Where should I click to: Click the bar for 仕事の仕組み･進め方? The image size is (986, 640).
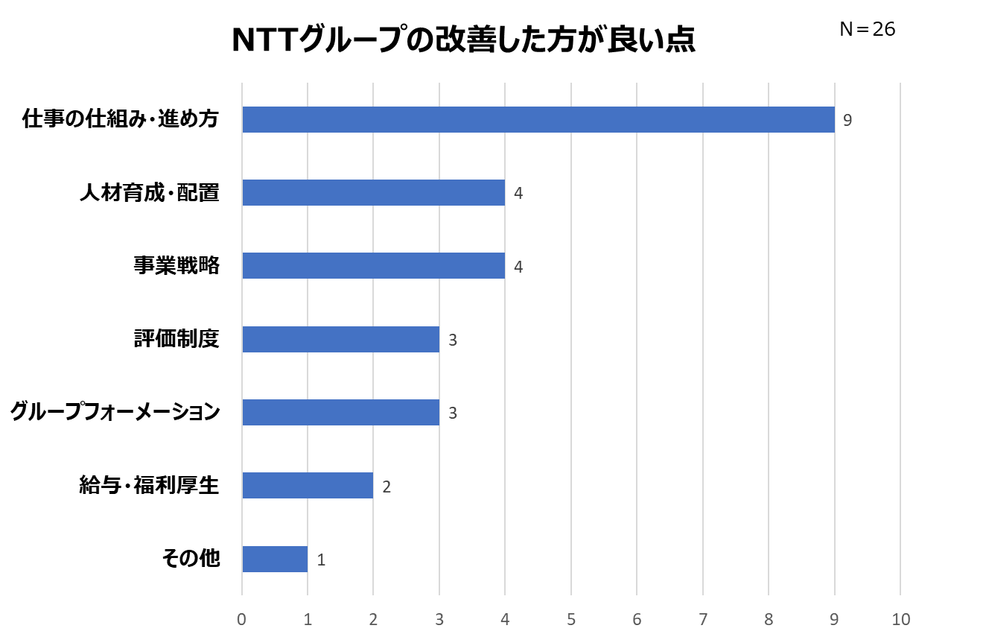pyautogui.click(x=538, y=119)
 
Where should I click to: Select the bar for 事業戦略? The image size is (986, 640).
pyautogui.click(x=373, y=266)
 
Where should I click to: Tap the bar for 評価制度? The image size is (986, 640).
pyautogui.click(x=340, y=340)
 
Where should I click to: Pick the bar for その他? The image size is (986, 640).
pyautogui.click(x=275, y=559)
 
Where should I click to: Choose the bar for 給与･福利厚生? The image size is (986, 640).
pyautogui.click(x=308, y=486)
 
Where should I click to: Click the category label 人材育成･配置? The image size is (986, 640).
pyautogui.click(x=150, y=193)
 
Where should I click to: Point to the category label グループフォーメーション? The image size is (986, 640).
pyautogui.click(x=115, y=412)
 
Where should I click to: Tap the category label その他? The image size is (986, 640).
pyautogui.click(x=191, y=558)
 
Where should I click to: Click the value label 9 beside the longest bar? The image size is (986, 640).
pyautogui.click(x=847, y=120)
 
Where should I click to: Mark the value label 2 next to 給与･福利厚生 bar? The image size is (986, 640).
pyautogui.click(x=387, y=487)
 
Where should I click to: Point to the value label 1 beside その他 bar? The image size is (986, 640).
pyautogui.click(x=321, y=560)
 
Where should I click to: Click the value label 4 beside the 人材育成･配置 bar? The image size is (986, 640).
pyautogui.click(x=518, y=194)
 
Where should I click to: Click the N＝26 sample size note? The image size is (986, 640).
pyautogui.click(x=867, y=29)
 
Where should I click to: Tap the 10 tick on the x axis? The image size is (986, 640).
pyautogui.click(x=901, y=619)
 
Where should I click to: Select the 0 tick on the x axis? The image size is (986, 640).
pyautogui.click(x=242, y=619)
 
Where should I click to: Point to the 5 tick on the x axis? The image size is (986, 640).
pyautogui.click(x=571, y=619)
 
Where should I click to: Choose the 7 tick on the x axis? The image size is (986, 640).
pyautogui.click(x=703, y=619)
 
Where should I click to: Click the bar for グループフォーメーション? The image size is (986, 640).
pyautogui.click(x=340, y=412)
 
